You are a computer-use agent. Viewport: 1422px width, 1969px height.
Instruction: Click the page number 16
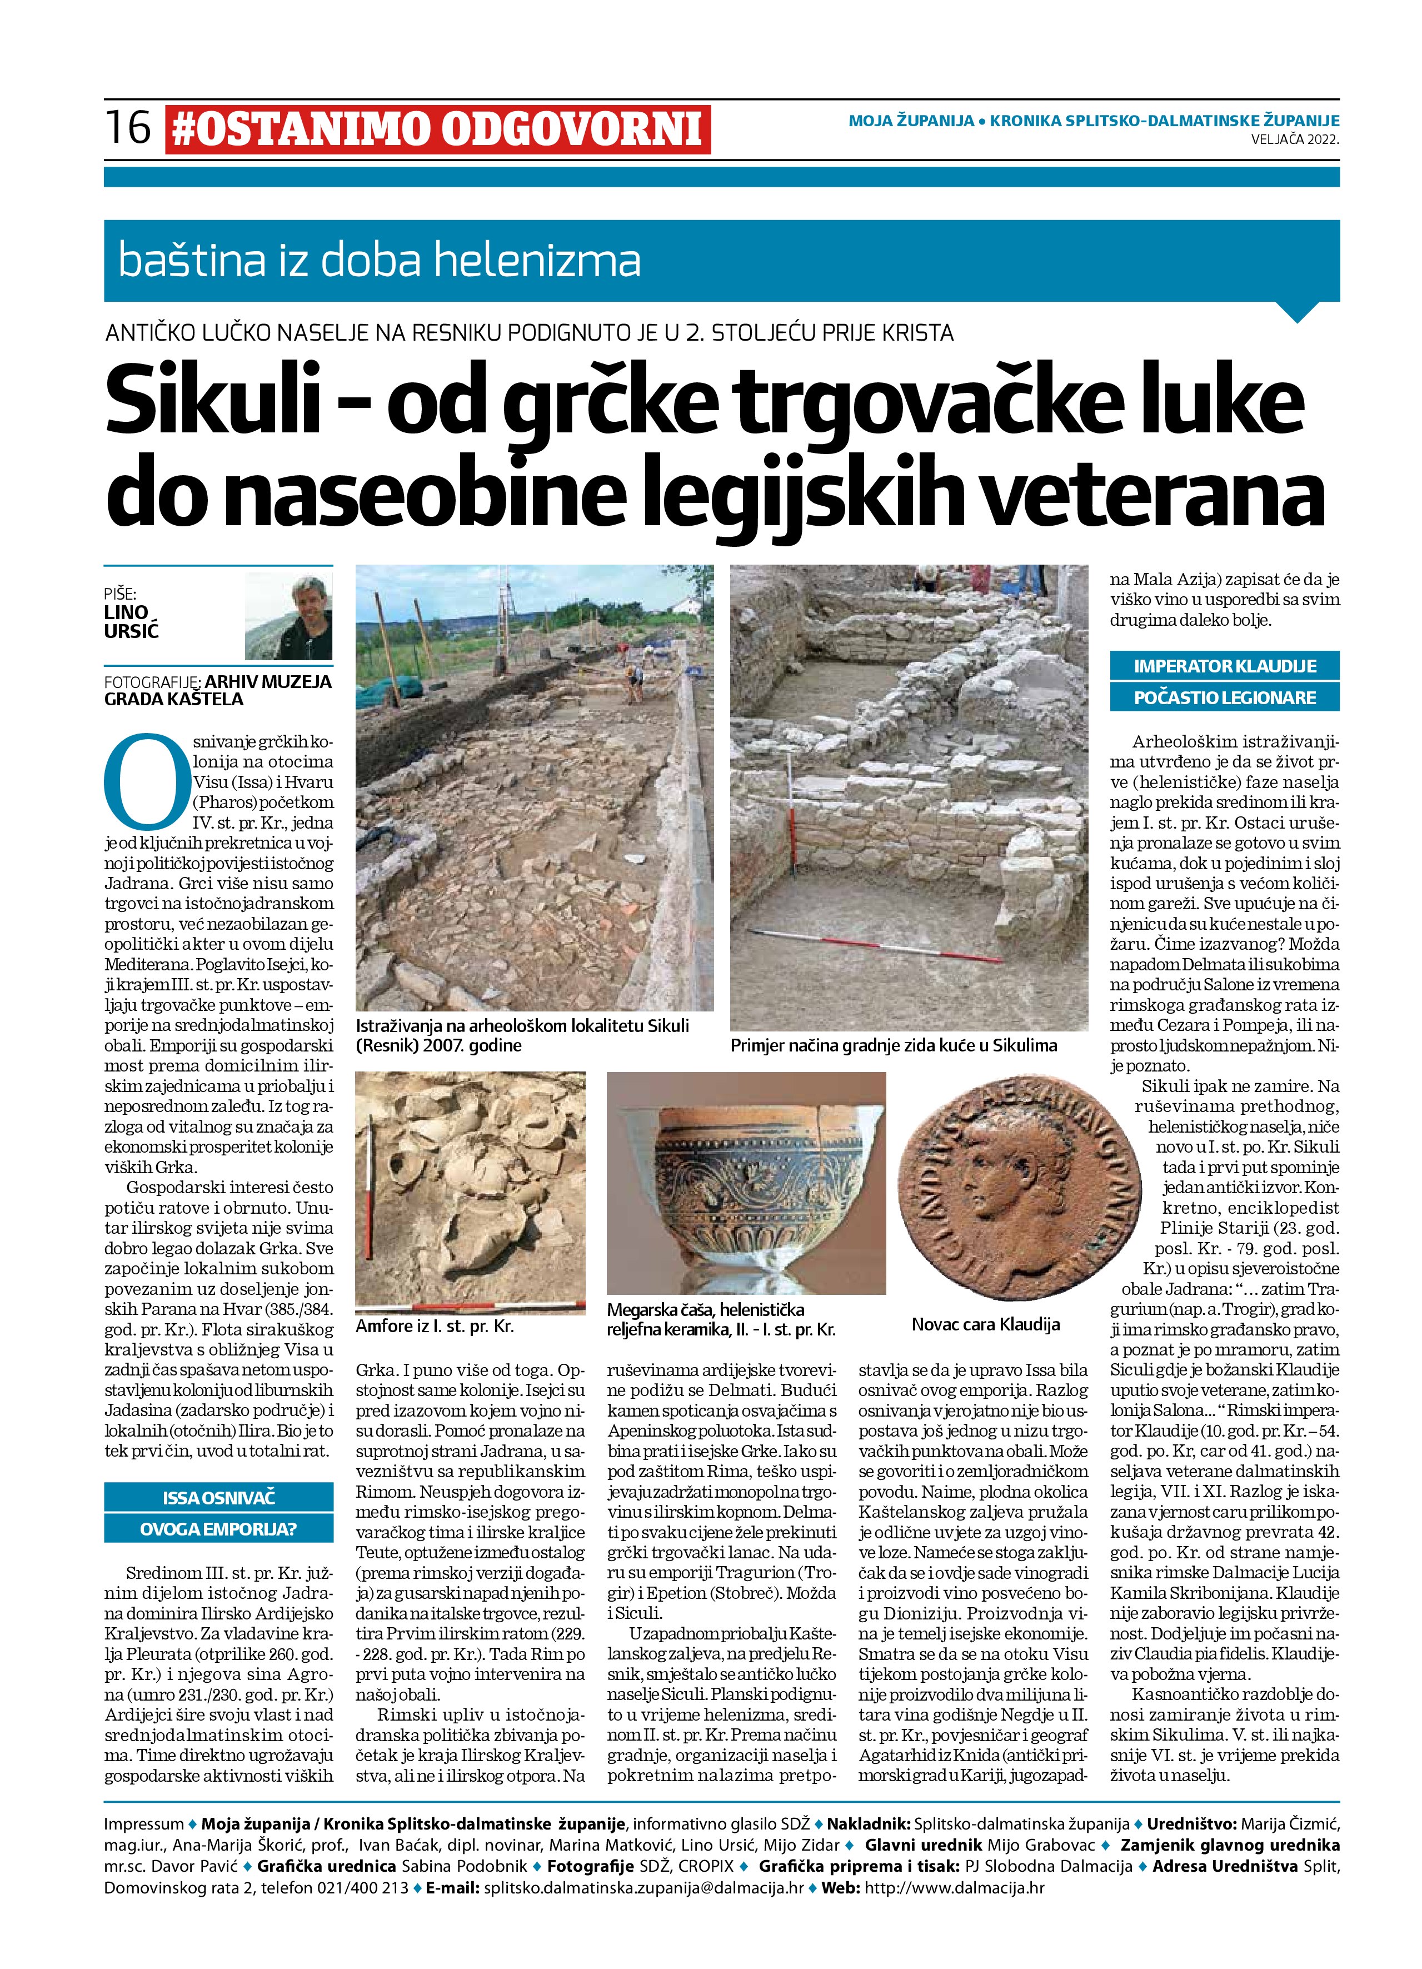point(128,128)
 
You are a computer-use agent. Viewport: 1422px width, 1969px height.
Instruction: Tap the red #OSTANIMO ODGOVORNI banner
point(437,129)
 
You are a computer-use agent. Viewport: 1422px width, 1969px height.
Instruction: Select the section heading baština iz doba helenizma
point(380,261)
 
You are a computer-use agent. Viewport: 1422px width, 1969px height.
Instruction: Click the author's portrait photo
point(289,616)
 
